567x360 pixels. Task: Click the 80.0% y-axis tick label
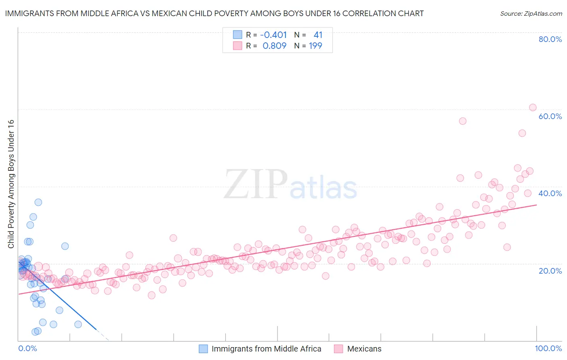pyautogui.click(x=550, y=39)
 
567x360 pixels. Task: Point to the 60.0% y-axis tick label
pyautogui.click(x=550, y=116)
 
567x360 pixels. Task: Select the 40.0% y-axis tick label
pyautogui.click(x=550, y=193)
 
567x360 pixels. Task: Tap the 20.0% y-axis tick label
pyautogui.click(x=550, y=271)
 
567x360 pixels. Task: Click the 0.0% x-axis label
pyautogui.click(x=27, y=348)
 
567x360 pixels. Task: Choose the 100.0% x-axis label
pyautogui.click(x=548, y=348)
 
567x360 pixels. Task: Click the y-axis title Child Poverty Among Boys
pyautogui.click(x=11, y=184)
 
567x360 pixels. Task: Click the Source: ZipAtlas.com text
pyautogui.click(x=531, y=13)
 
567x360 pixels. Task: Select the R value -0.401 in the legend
pyautogui.click(x=273, y=35)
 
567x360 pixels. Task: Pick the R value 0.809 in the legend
pyautogui.click(x=274, y=46)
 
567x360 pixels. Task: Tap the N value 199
pyautogui.click(x=315, y=46)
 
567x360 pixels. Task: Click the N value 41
pyautogui.click(x=318, y=35)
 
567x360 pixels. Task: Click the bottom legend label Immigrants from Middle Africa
pyautogui.click(x=266, y=349)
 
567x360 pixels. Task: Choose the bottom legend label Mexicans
pyautogui.click(x=364, y=349)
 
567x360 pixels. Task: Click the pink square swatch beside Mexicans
pyautogui.click(x=338, y=349)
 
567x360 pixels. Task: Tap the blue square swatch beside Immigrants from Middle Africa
pyautogui.click(x=203, y=349)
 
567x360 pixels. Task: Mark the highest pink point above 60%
pyautogui.click(x=532, y=107)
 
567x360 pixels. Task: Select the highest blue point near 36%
pyautogui.click(x=38, y=202)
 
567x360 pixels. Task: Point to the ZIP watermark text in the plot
pyautogui.click(x=255, y=184)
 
